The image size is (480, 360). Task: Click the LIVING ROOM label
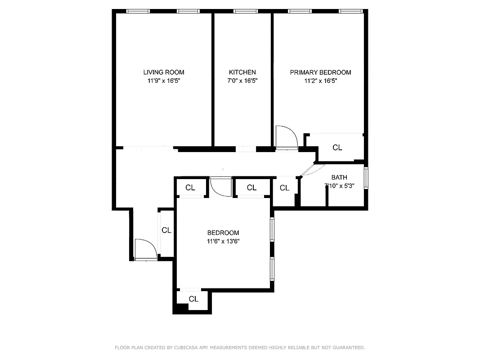(x=163, y=72)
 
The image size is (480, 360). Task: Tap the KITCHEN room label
(x=242, y=72)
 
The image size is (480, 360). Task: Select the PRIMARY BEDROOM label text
(x=320, y=72)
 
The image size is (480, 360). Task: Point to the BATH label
(x=339, y=177)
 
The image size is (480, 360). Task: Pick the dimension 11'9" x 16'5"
(x=163, y=81)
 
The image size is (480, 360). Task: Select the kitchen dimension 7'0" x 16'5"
(x=242, y=81)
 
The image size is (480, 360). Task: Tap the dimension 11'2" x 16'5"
(x=320, y=81)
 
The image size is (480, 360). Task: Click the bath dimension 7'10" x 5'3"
(x=339, y=186)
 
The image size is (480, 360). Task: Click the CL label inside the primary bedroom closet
(x=337, y=148)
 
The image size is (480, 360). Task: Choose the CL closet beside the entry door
(x=166, y=230)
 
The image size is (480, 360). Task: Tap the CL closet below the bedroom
(x=193, y=299)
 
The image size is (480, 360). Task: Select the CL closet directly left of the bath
(x=284, y=188)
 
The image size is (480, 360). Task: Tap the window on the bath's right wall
(x=366, y=178)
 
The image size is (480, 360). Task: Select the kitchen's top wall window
(x=246, y=11)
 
